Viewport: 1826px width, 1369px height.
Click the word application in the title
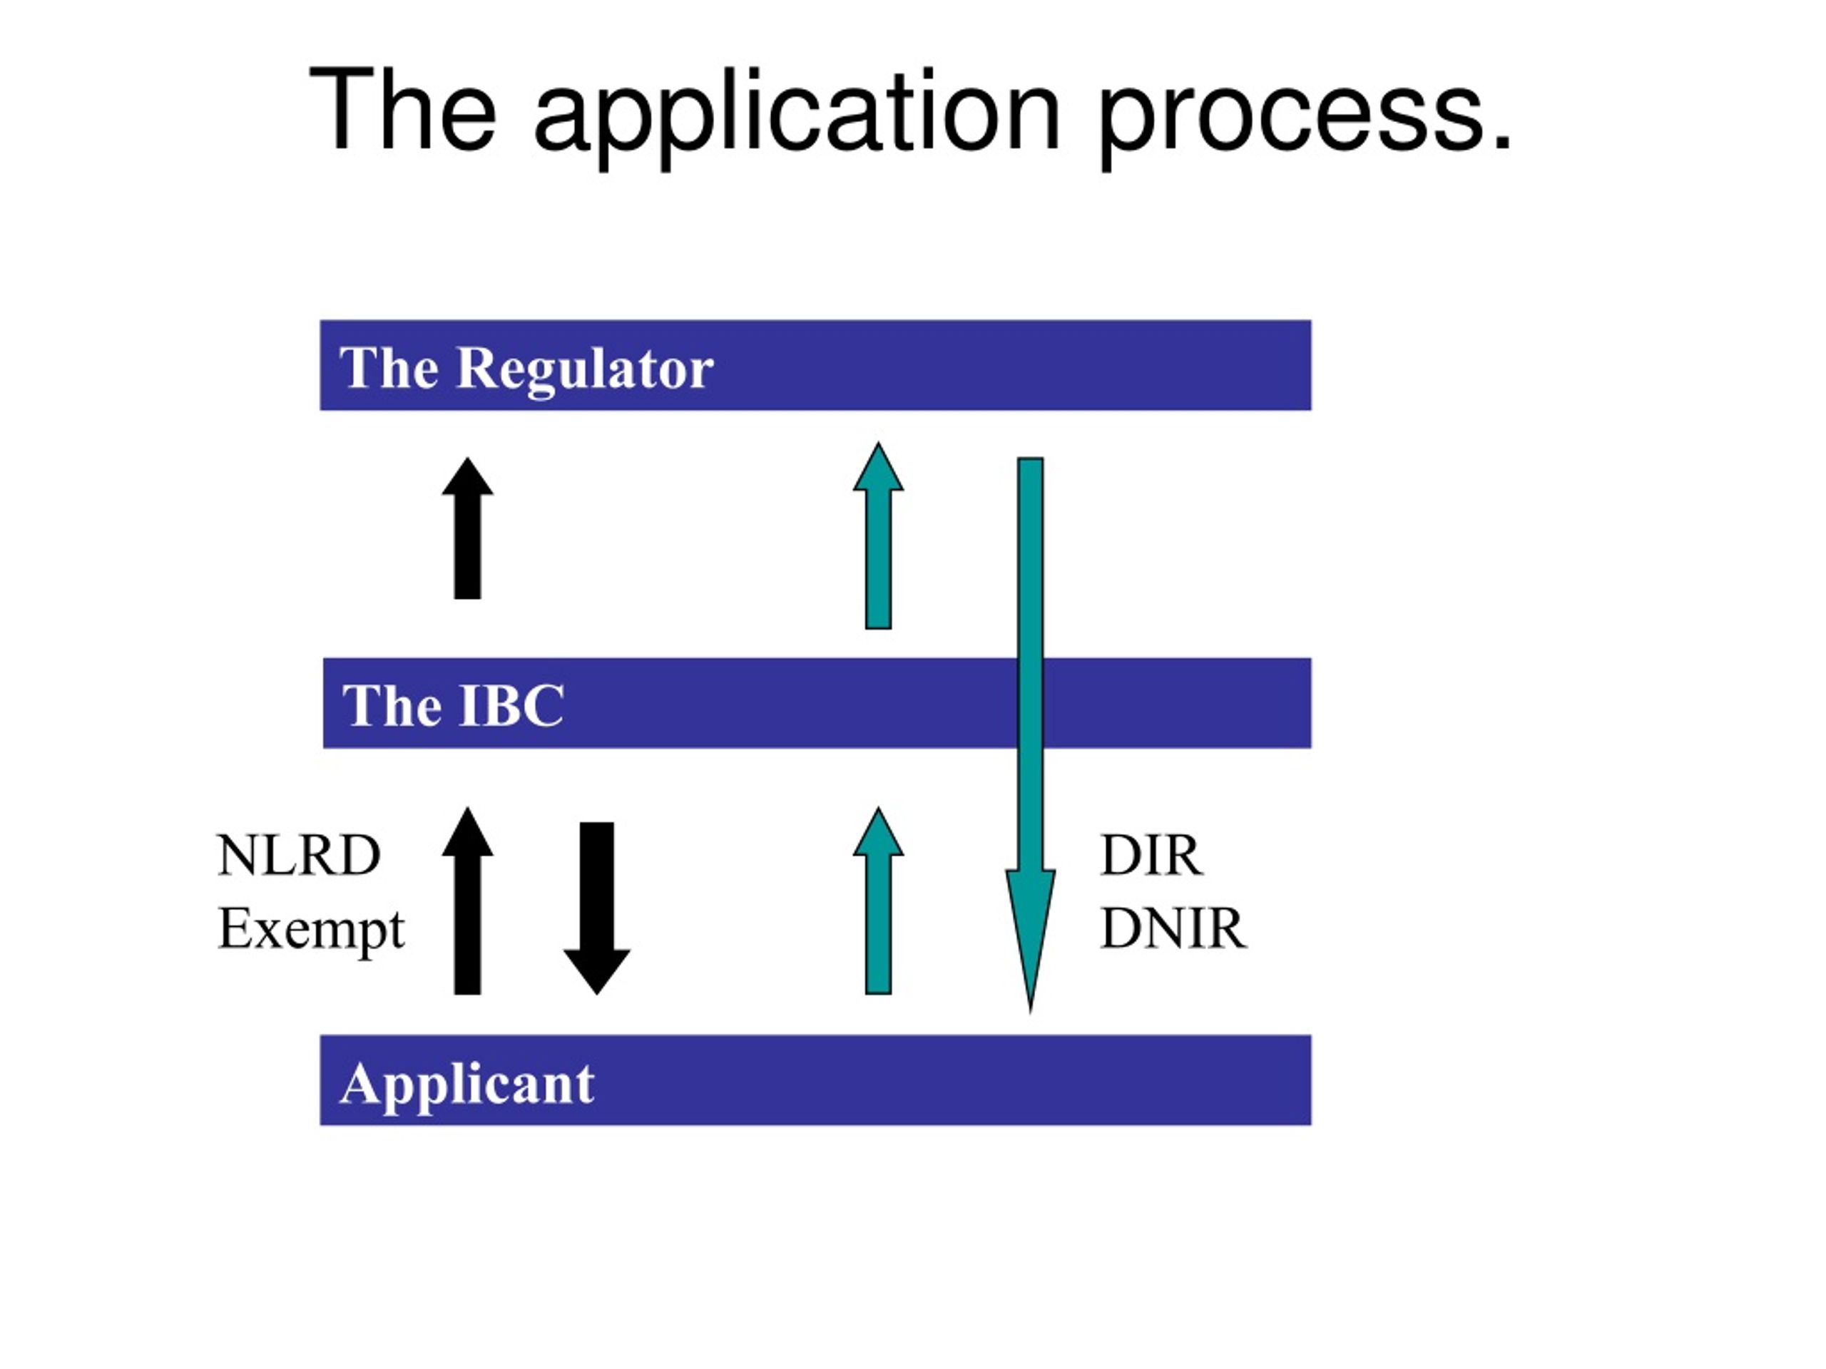(797, 115)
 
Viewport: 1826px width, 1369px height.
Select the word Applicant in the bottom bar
(467, 1085)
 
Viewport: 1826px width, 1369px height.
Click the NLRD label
(299, 856)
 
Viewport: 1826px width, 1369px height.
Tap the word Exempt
(311, 930)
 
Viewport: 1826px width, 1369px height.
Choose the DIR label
(1151, 856)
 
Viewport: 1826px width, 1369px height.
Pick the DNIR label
(1173, 929)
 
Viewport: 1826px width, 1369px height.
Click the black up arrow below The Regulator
(467, 528)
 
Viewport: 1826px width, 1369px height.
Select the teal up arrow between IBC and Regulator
(878, 535)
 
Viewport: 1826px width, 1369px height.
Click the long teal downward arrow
(1030, 734)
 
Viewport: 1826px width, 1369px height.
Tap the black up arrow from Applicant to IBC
(467, 901)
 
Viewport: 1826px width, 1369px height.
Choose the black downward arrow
(597, 908)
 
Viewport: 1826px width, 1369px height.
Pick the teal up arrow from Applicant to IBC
(878, 901)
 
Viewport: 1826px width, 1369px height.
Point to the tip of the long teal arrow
(1030, 1012)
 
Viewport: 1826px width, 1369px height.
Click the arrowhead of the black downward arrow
(597, 970)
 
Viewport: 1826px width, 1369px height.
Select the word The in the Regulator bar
(389, 368)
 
